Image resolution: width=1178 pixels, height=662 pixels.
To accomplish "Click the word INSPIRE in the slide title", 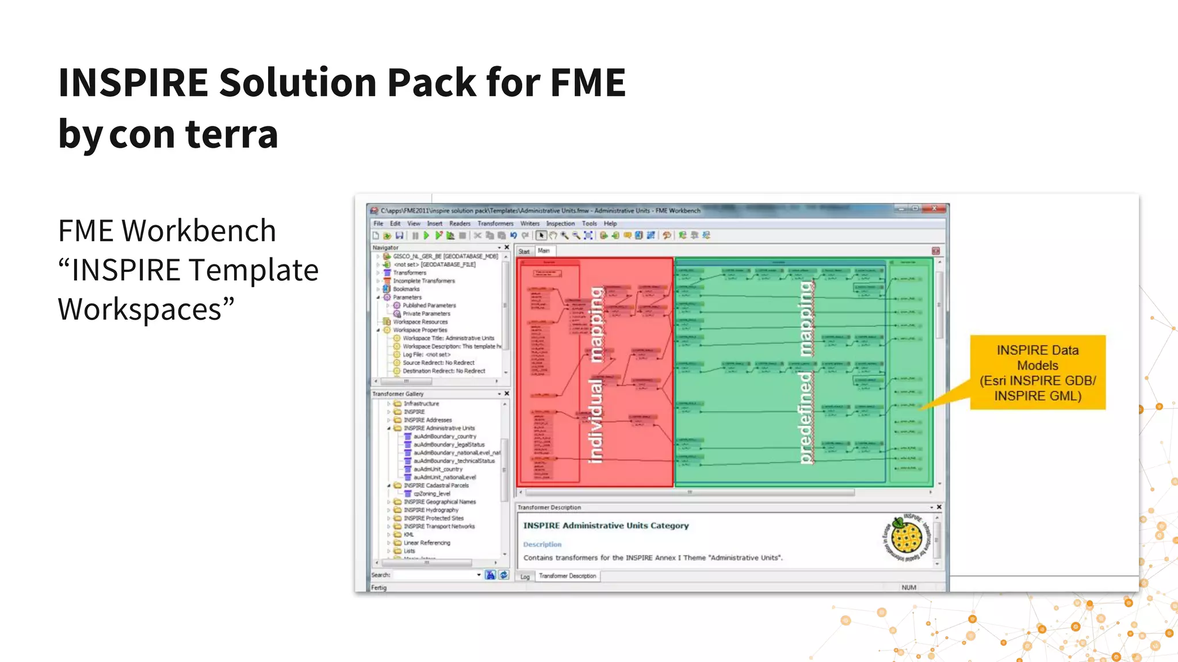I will tap(133, 82).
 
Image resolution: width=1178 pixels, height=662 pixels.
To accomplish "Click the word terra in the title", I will tap(231, 134).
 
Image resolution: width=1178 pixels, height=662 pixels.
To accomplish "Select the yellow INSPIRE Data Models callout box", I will tap(1037, 372).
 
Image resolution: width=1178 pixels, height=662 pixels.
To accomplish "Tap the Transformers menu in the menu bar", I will tap(495, 224).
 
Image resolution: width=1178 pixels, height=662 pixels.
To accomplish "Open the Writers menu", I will tap(530, 224).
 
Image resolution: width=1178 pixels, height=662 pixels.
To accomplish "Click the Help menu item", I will tap(610, 224).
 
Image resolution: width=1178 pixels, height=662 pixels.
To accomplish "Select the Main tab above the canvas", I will tap(544, 251).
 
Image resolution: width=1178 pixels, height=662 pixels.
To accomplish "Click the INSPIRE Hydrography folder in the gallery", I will tap(431, 510).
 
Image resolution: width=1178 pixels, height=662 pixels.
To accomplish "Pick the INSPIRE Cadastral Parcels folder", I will tap(435, 486).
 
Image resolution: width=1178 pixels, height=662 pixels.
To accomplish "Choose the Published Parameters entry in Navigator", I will tap(429, 305).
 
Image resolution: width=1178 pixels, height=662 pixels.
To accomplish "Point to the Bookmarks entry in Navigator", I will tap(406, 289).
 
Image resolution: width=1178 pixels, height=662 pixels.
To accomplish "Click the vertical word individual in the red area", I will tap(595, 421).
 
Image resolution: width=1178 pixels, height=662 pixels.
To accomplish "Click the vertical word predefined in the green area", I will tap(805, 417).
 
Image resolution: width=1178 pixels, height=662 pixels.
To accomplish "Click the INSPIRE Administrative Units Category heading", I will tap(606, 525).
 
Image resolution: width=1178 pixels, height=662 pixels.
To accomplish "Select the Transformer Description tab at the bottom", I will tap(567, 576).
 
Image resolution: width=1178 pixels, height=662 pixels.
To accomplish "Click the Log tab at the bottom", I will tap(525, 576).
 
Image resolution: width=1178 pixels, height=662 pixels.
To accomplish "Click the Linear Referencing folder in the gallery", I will tap(426, 542).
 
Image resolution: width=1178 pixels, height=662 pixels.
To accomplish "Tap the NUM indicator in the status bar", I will tap(909, 587).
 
